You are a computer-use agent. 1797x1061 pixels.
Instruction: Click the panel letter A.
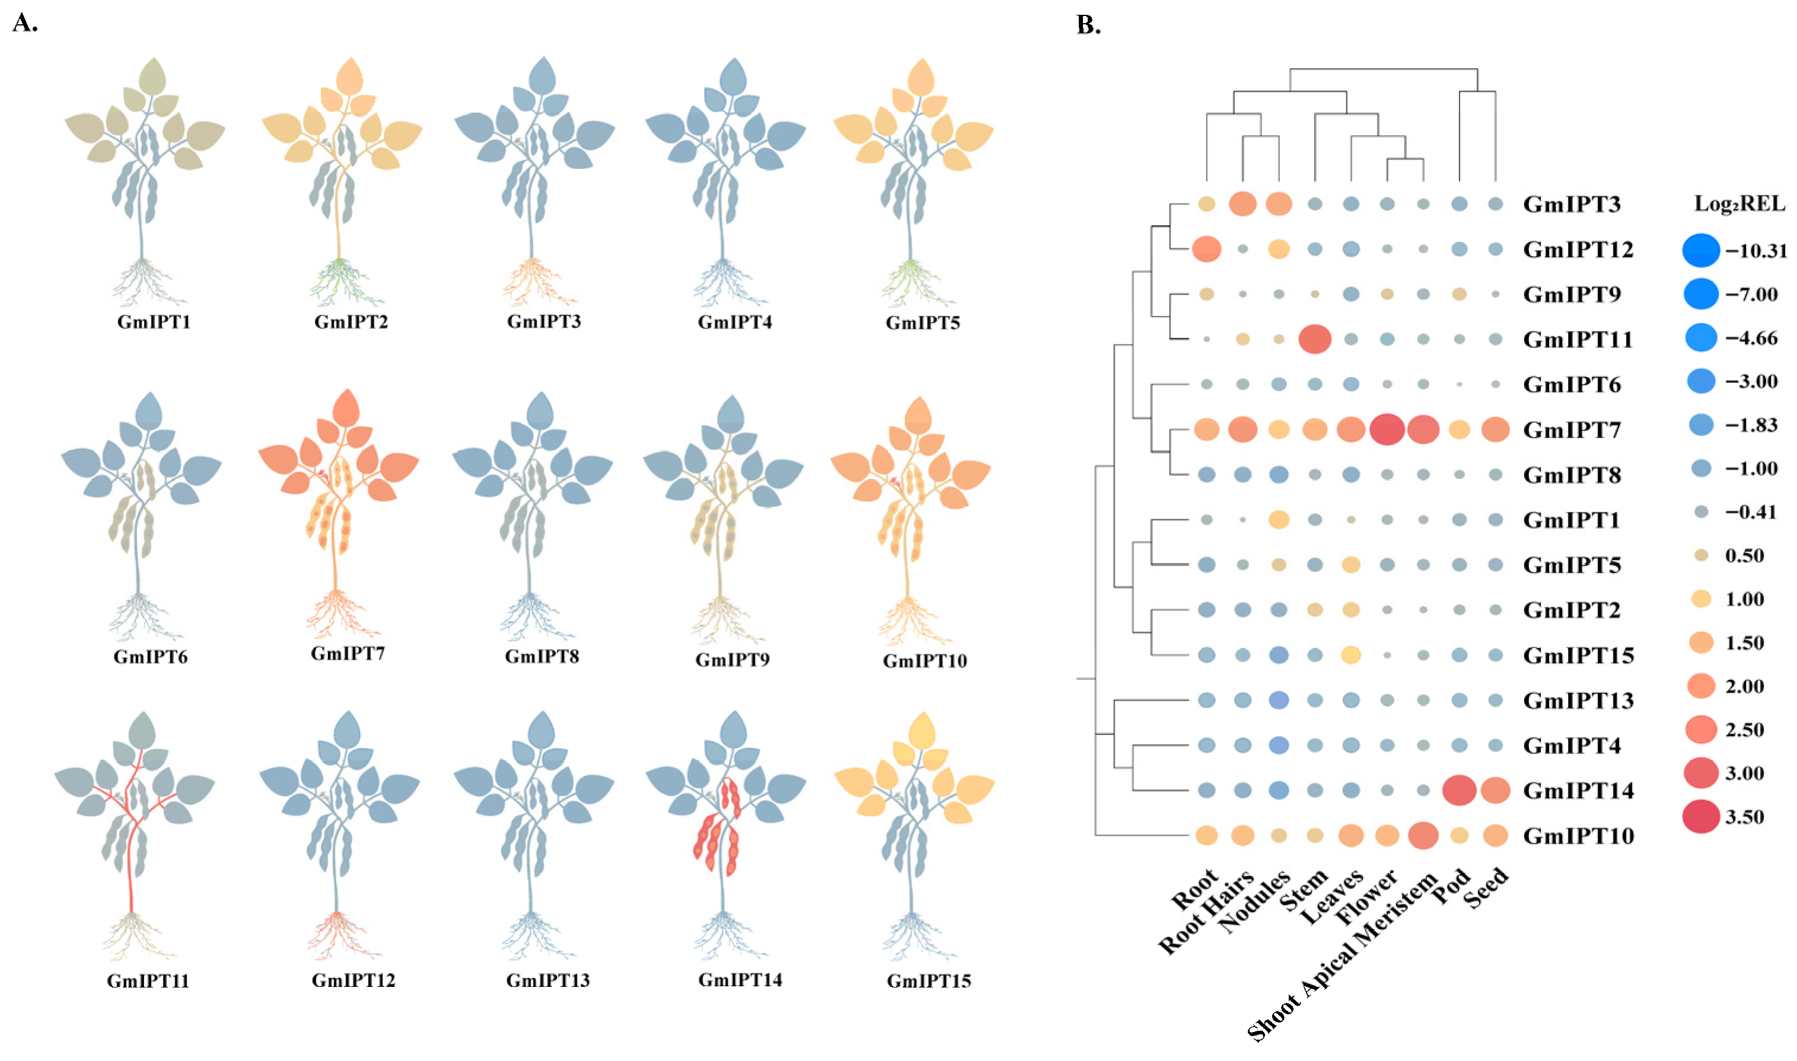[x=24, y=24]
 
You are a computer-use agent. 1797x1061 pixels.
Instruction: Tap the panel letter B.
[x=1088, y=25]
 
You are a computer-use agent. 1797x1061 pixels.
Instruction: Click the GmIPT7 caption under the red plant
[x=348, y=653]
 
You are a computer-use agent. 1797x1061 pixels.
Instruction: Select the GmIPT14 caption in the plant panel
[x=740, y=979]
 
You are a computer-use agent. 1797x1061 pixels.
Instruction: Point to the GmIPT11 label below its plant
[x=148, y=981]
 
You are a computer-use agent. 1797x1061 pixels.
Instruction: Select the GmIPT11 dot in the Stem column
[x=1315, y=339]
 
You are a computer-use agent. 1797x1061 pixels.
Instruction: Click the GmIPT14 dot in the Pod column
[x=1460, y=790]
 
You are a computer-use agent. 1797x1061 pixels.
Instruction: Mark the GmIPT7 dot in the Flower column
[x=1387, y=429]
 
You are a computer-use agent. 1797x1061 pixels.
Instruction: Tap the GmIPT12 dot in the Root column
[x=1207, y=249]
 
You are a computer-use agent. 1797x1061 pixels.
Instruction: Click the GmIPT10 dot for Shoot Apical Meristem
[x=1423, y=835]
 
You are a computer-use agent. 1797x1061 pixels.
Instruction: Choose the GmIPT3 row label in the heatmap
[x=1572, y=204]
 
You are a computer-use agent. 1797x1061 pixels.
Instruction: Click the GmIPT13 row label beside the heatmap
[x=1578, y=701]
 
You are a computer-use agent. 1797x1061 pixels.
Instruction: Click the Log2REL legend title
[x=1740, y=204]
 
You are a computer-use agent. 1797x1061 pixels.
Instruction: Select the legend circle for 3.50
[x=1700, y=816]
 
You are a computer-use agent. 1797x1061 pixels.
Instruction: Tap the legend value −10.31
[x=1756, y=251]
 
